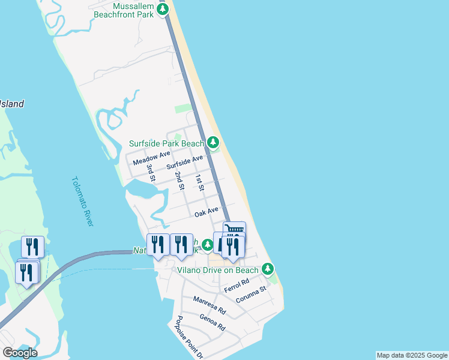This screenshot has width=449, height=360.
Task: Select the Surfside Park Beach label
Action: pos(167,144)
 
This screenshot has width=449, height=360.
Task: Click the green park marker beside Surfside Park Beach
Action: pos(213,143)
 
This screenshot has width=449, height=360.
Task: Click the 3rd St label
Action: pos(151,173)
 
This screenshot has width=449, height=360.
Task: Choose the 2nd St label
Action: pos(179,181)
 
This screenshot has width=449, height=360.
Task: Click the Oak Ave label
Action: pos(206,212)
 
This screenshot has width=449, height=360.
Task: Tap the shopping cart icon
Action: pos(234,229)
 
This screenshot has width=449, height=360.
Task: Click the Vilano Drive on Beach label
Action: pos(218,270)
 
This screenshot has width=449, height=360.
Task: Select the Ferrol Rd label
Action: pos(236,286)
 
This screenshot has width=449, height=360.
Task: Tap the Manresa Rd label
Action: pos(209,305)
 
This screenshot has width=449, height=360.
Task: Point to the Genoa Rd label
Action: pos(212,323)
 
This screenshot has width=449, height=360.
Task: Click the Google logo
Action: pos(20,352)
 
